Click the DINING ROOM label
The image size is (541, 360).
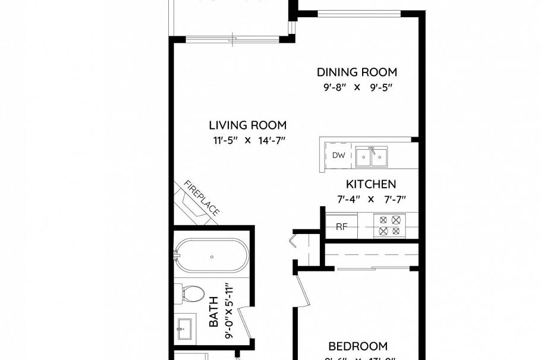point(357,72)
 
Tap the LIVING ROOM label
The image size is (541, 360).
point(247,125)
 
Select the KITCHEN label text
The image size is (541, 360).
point(371,184)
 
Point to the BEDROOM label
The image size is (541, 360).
point(358,346)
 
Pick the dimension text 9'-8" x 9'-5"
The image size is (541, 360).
point(357,87)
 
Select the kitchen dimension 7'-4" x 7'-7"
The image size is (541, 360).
point(371,200)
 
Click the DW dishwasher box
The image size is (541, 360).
point(338,156)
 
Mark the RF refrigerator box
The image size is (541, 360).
point(341,226)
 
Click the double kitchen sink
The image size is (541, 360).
point(372,157)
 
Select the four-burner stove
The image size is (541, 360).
point(389,226)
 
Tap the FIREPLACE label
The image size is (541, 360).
point(202,198)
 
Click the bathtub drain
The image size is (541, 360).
point(212,257)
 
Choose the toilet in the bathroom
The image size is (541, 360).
point(190,293)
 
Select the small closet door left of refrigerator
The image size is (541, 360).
point(295,242)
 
